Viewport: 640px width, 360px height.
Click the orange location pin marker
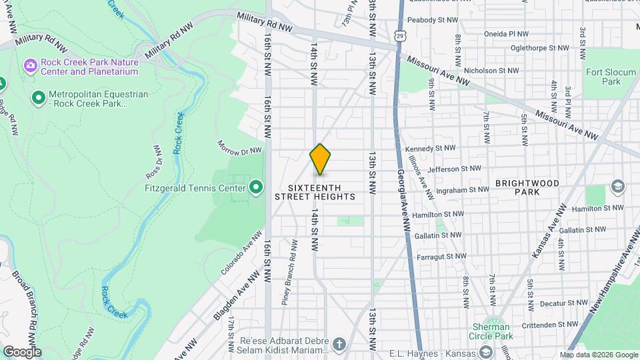coord(321,159)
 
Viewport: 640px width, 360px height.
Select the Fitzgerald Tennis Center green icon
coord(255,187)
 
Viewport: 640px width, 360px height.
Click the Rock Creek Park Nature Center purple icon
coord(30,65)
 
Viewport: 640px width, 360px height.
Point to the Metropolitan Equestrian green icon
coord(39,99)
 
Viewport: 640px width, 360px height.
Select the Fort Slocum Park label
coord(603,77)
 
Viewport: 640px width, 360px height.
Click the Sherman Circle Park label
coord(491,331)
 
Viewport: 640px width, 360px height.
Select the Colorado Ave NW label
coord(242,254)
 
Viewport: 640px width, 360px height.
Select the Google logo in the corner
coord(21,352)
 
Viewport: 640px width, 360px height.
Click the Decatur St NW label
coord(553,303)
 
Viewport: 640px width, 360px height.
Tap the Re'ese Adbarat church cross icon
coord(339,345)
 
